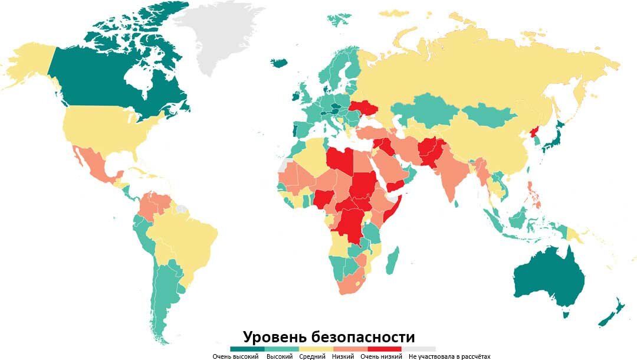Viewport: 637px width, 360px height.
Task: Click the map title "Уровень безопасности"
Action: tap(329, 337)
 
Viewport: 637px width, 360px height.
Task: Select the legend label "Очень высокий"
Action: tap(235, 356)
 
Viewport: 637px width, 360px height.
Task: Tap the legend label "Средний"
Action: tap(312, 356)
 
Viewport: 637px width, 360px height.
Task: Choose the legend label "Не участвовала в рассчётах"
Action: tap(449, 356)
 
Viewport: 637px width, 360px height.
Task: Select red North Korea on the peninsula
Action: tap(534, 133)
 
